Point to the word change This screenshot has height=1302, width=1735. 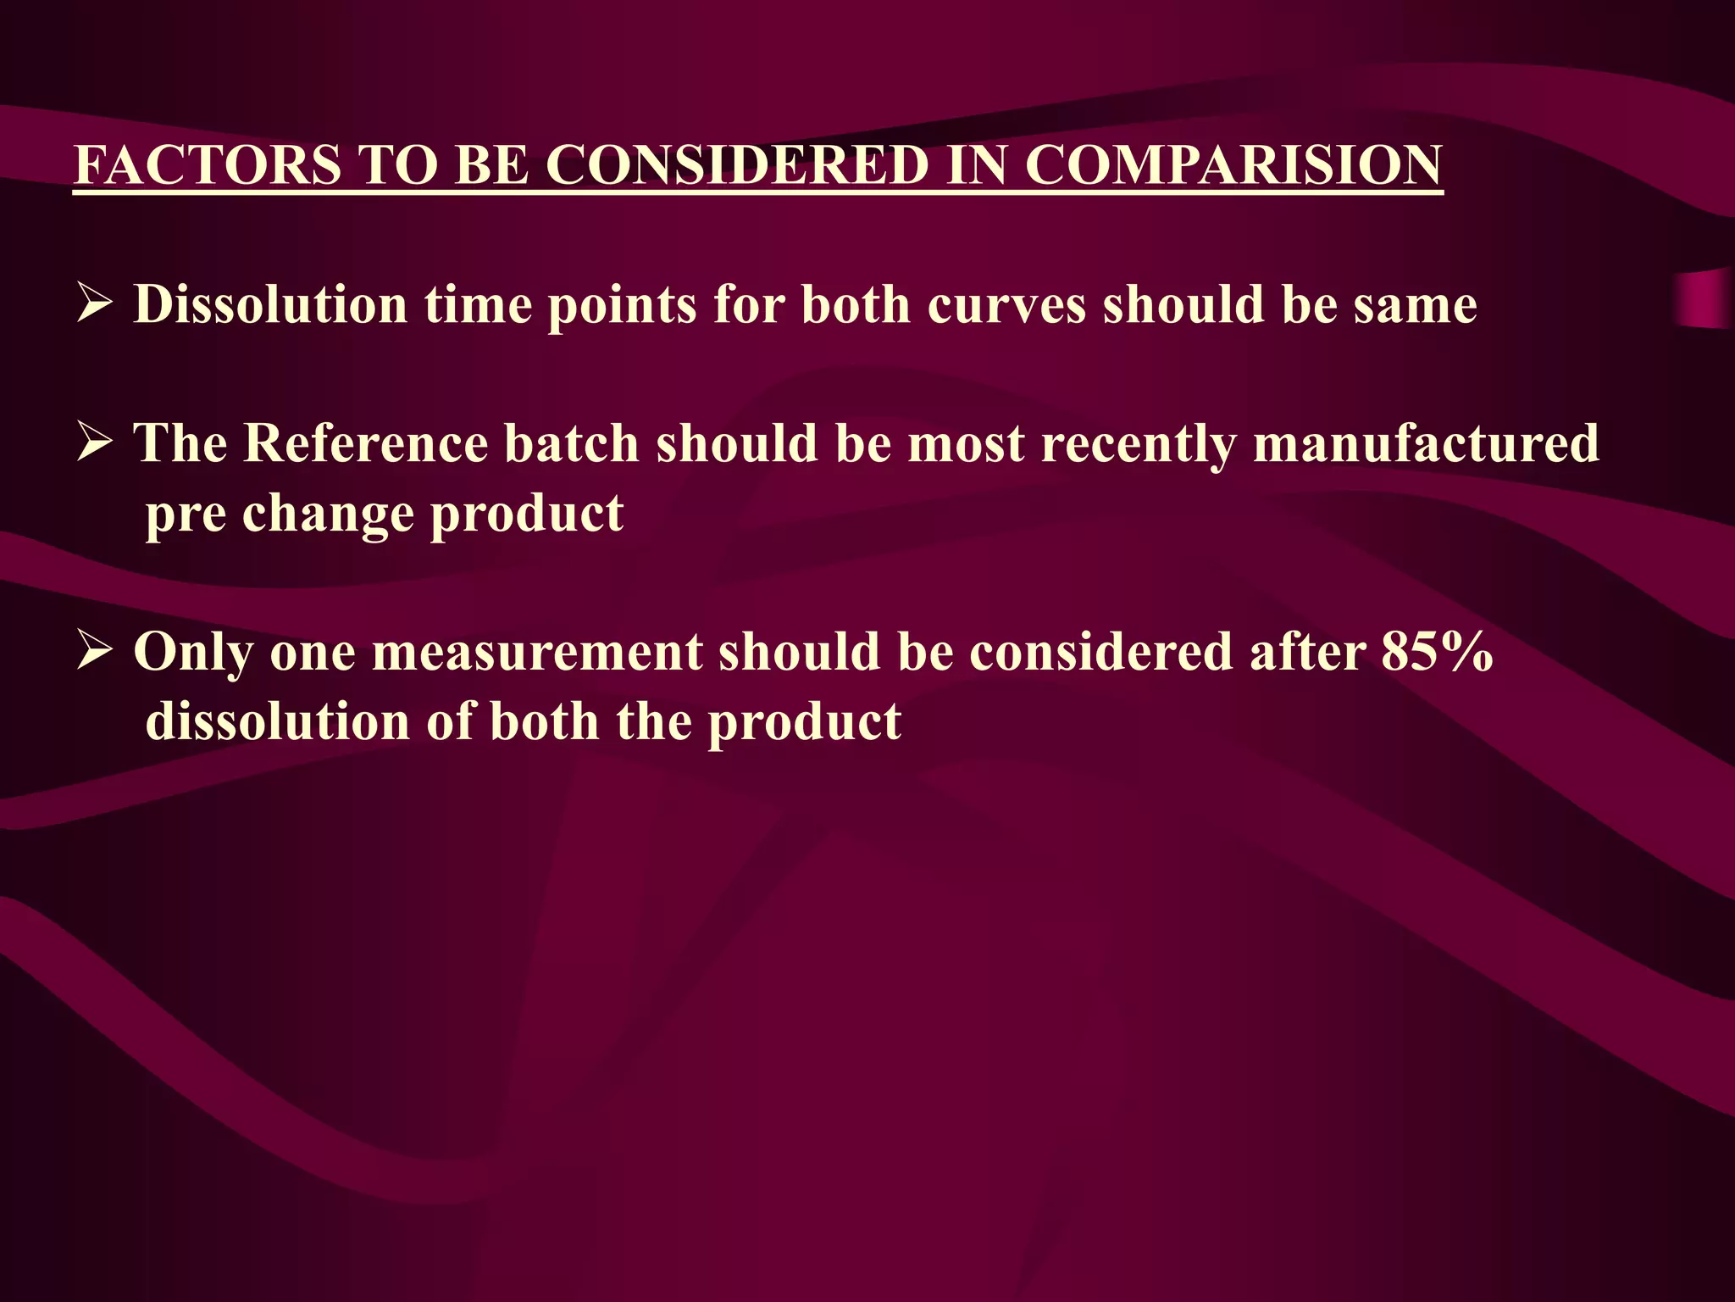(327, 514)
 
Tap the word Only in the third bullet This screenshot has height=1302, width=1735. (193, 653)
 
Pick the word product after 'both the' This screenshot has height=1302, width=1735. (804, 722)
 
